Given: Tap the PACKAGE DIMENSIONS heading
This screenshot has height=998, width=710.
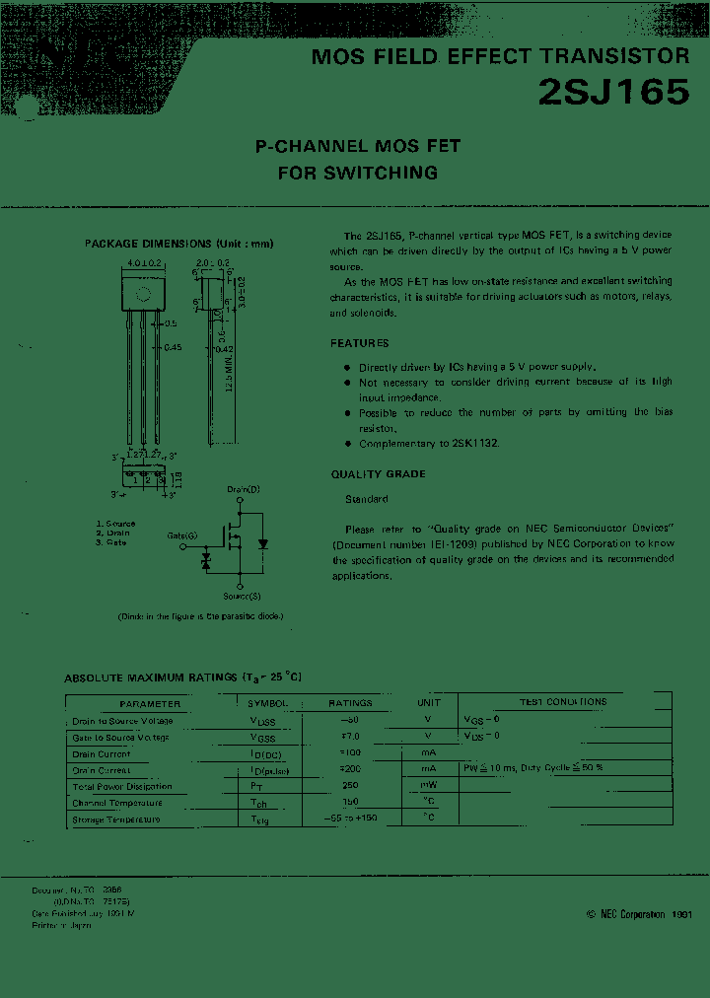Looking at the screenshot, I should coord(178,244).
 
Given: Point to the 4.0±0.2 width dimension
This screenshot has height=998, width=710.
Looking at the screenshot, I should coord(144,263).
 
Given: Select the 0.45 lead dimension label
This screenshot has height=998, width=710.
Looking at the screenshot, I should coord(173,347).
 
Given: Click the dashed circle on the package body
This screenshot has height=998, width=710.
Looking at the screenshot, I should coord(143,293).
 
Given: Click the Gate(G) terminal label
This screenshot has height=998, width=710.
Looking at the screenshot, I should coord(181,535).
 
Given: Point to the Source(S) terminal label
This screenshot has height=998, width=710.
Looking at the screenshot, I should coord(242,596).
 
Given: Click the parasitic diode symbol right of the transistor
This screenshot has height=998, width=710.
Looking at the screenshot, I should coord(263,543).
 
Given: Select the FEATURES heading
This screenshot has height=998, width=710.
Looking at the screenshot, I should coord(360,343).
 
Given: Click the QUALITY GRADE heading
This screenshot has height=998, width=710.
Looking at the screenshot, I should coord(378,474).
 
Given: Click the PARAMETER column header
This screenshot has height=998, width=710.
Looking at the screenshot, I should coord(150,703).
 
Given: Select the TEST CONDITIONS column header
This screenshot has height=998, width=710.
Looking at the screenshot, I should coord(563,702).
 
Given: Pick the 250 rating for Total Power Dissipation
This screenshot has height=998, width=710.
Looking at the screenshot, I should coord(350,785).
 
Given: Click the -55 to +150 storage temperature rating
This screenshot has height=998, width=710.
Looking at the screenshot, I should coord(350,819).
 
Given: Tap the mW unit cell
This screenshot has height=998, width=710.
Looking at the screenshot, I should coord(428,785).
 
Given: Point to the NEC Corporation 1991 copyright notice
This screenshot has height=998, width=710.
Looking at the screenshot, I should coord(639,915).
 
